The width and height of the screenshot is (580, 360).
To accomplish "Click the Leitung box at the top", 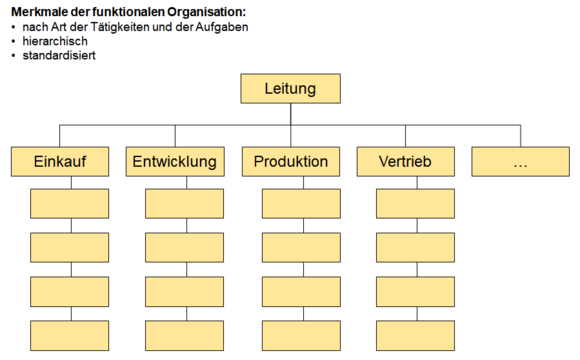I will point(290,89).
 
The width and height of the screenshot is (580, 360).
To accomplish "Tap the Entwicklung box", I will point(174,162).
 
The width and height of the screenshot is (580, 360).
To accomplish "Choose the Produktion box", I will point(290,162).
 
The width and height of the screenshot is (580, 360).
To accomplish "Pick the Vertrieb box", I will point(406,162).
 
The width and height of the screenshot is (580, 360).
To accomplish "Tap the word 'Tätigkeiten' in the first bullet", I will point(127,27).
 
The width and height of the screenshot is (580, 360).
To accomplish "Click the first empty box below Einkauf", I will point(70,203).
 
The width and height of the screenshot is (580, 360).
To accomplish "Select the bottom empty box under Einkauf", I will point(70,336).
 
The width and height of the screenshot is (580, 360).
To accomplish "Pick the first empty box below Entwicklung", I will point(185,203).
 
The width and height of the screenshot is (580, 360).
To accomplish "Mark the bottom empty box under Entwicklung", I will point(185,336).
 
